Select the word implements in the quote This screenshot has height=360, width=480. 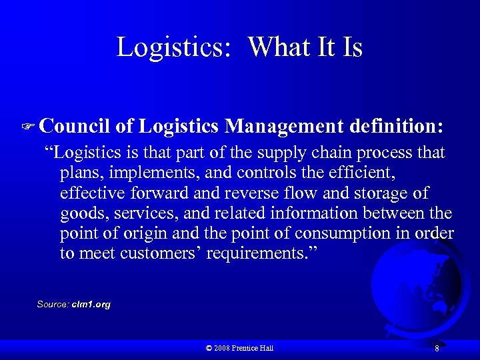(146, 174)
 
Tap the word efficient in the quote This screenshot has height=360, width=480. (357, 173)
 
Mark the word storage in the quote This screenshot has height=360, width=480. (387, 193)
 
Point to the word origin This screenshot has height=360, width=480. (138, 234)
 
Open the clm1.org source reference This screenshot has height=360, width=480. (92, 304)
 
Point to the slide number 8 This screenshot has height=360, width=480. (436, 348)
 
